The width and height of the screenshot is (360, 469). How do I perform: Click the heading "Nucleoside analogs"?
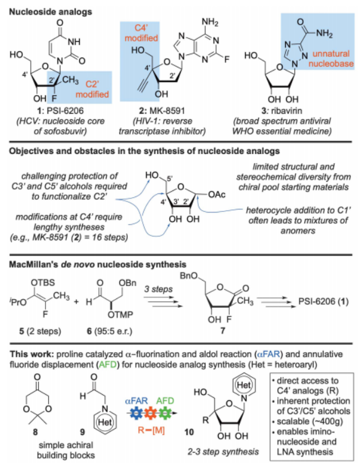pos(51,12)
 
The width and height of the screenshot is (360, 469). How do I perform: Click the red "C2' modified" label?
pos(92,89)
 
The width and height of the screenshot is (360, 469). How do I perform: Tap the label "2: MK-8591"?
pos(162,111)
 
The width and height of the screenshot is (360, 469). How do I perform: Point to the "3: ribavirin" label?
pos(282,111)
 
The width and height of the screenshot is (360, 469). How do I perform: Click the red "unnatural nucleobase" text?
pos(331,59)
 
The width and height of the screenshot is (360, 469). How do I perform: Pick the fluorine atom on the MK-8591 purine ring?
pos(227,59)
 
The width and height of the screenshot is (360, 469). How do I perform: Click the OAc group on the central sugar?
pos(217,195)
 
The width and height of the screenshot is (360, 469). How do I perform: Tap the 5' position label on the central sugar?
pos(170,179)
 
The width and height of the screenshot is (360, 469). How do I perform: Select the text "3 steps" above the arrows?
pos(159,289)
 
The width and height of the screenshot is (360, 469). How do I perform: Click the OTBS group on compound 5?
pos(43,282)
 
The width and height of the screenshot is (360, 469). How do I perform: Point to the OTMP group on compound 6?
pos(120,315)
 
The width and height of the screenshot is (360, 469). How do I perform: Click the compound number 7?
pos(223,330)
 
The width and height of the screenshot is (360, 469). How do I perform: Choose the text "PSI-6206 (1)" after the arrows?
pos(324,301)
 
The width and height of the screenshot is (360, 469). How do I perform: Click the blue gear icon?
pos(137,413)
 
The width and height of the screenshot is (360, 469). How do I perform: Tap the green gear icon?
pos(164,413)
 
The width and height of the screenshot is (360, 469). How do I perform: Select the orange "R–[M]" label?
pos(151,430)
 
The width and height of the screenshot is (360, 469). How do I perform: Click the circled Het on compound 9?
pos(105,422)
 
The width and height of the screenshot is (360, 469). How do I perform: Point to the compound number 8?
pos(36,432)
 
